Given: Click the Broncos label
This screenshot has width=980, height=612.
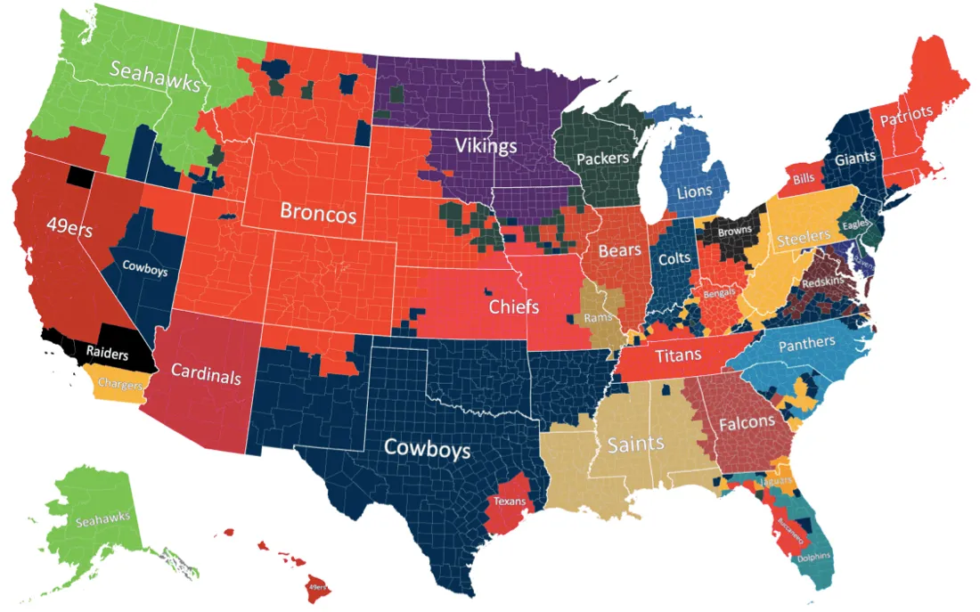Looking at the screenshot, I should [318, 213].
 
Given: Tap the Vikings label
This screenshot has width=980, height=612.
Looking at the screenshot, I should [486, 144].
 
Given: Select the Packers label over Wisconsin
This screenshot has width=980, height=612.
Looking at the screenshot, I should [602, 159].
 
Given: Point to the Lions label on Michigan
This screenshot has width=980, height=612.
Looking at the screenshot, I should [694, 192].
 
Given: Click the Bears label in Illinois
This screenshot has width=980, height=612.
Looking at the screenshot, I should [619, 250].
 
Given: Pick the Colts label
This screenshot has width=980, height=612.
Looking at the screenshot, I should [675, 259].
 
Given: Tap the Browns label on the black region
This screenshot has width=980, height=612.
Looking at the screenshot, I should [735, 230].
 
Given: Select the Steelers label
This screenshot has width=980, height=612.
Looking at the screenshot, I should [804, 239].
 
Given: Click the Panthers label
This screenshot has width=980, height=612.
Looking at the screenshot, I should [806, 343].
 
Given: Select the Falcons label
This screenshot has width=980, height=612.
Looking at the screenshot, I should [747, 421].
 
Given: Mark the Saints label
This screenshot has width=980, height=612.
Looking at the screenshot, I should [634, 443].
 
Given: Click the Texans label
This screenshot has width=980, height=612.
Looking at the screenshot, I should [510, 502].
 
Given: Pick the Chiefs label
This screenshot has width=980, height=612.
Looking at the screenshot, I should [514, 307].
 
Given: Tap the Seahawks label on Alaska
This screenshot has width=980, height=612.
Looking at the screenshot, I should [102, 517].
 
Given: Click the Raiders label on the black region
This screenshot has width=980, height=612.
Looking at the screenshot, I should [108, 351].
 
